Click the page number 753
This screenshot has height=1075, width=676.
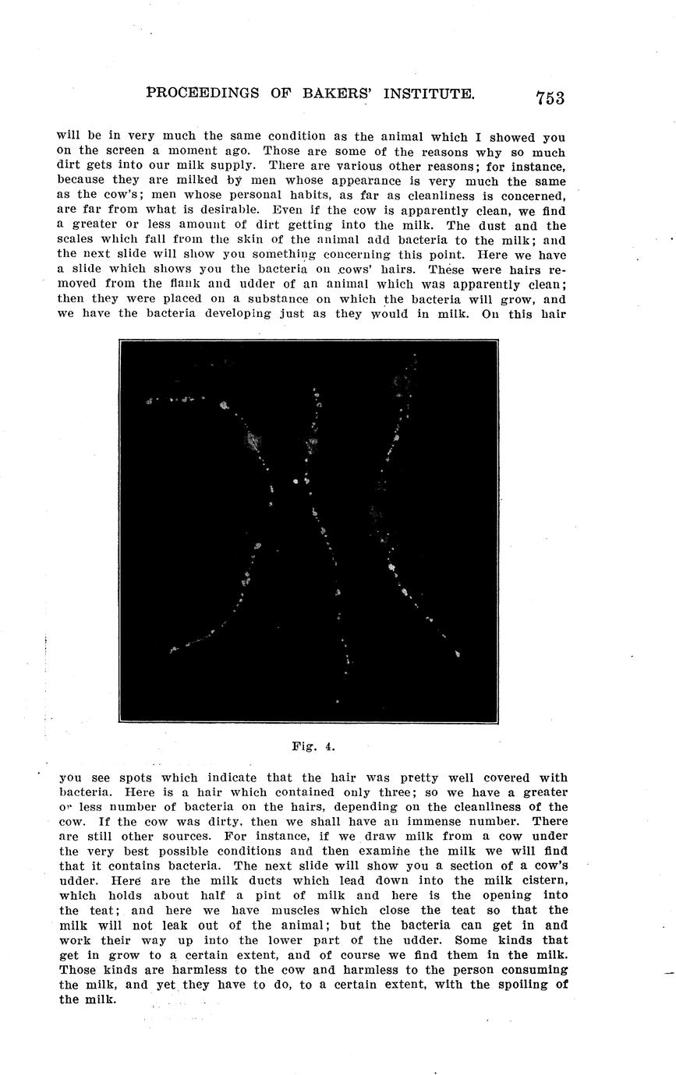pyautogui.click(x=550, y=97)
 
